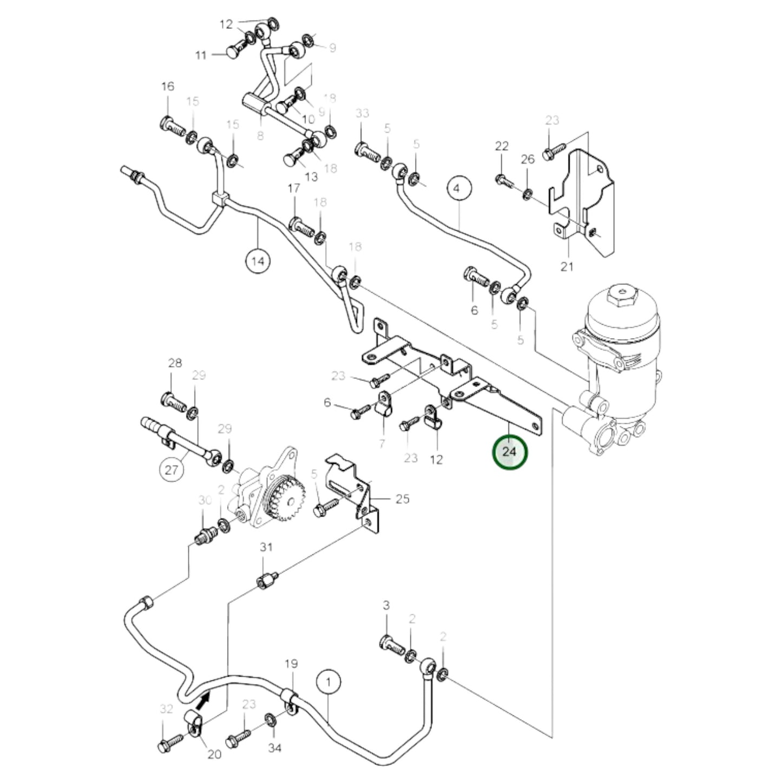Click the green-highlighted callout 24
(x=509, y=451)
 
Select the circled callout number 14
(x=258, y=261)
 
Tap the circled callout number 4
(x=459, y=189)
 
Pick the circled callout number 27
(x=172, y=469)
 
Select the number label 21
(x=567, y=266)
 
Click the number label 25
(x=403, y=498)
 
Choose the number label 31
(x=266, y=547)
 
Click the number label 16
(x=168, y=87)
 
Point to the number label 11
(x=201, y=55)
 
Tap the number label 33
(x=362, y=113)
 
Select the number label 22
(x=502, y=146)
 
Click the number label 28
(x=175, y=363)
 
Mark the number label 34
(x=275, y=748)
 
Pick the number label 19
(x=291, y=663)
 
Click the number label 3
(x=386, y=605)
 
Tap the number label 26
(x=528, y=159)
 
